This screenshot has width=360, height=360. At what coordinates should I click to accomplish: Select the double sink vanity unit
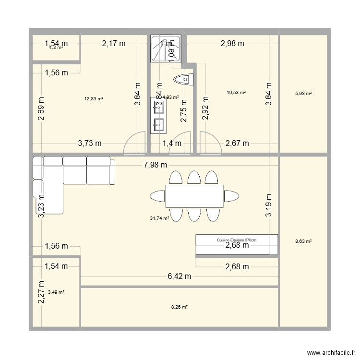[158, 115]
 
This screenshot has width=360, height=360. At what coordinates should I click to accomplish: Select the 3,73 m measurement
[90, 143]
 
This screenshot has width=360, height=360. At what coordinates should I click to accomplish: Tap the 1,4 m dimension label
[172, 143]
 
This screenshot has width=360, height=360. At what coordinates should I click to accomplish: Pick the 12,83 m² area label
[94, 99]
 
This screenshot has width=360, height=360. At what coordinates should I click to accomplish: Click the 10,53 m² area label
[236, 92]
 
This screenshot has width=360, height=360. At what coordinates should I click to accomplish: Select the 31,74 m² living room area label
[159, 218]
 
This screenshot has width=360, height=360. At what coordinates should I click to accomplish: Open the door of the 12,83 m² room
[134, 144]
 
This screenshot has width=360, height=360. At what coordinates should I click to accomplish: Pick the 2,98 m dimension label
[232, 44]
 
